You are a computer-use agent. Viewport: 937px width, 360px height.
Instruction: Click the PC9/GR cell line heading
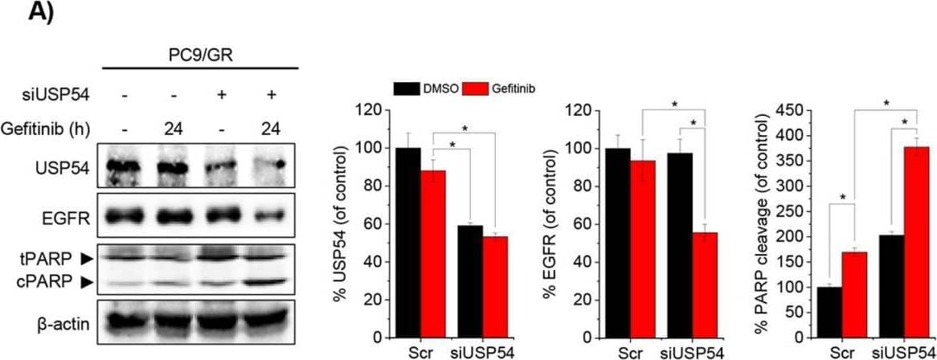[x=202, y=54]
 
